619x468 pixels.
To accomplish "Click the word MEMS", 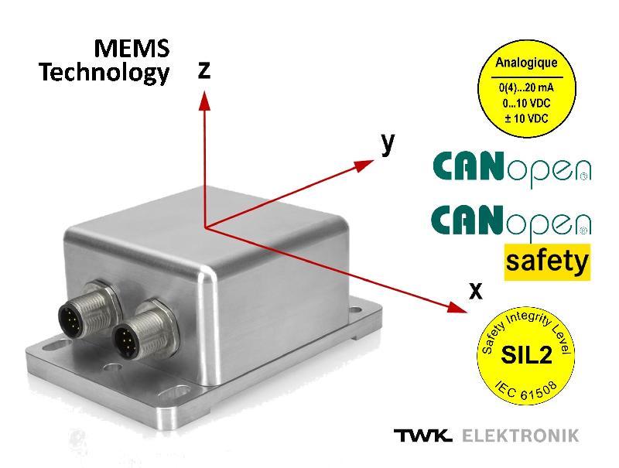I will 132,49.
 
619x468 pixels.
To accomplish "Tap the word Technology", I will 104,73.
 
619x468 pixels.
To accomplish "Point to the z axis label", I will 204,70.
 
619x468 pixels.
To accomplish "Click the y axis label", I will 388,143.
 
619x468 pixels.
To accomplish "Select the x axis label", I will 476,290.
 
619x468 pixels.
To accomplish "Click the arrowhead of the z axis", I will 203,98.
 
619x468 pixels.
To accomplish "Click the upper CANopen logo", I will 511,169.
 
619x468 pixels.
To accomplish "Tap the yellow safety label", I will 546,262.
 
